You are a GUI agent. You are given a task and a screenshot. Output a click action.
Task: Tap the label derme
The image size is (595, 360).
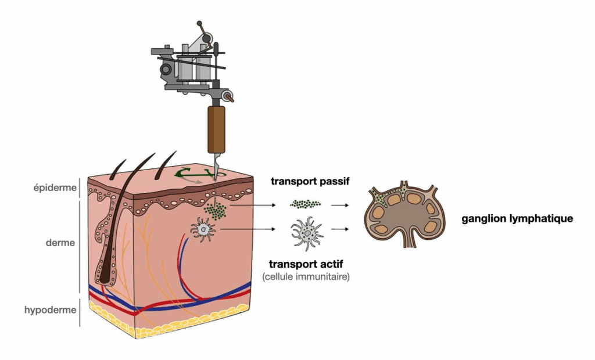[60, 243]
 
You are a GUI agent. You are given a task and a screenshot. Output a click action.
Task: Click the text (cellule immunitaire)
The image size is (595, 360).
[306, 277]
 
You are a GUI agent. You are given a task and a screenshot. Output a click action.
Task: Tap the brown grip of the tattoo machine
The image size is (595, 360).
[217, 129]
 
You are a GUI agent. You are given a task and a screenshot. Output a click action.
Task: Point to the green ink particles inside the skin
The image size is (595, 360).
[217, 211]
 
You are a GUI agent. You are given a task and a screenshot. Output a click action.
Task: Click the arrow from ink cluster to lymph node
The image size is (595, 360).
[340, 204]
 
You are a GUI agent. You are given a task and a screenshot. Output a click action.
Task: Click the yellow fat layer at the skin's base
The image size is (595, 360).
[174, 322]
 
